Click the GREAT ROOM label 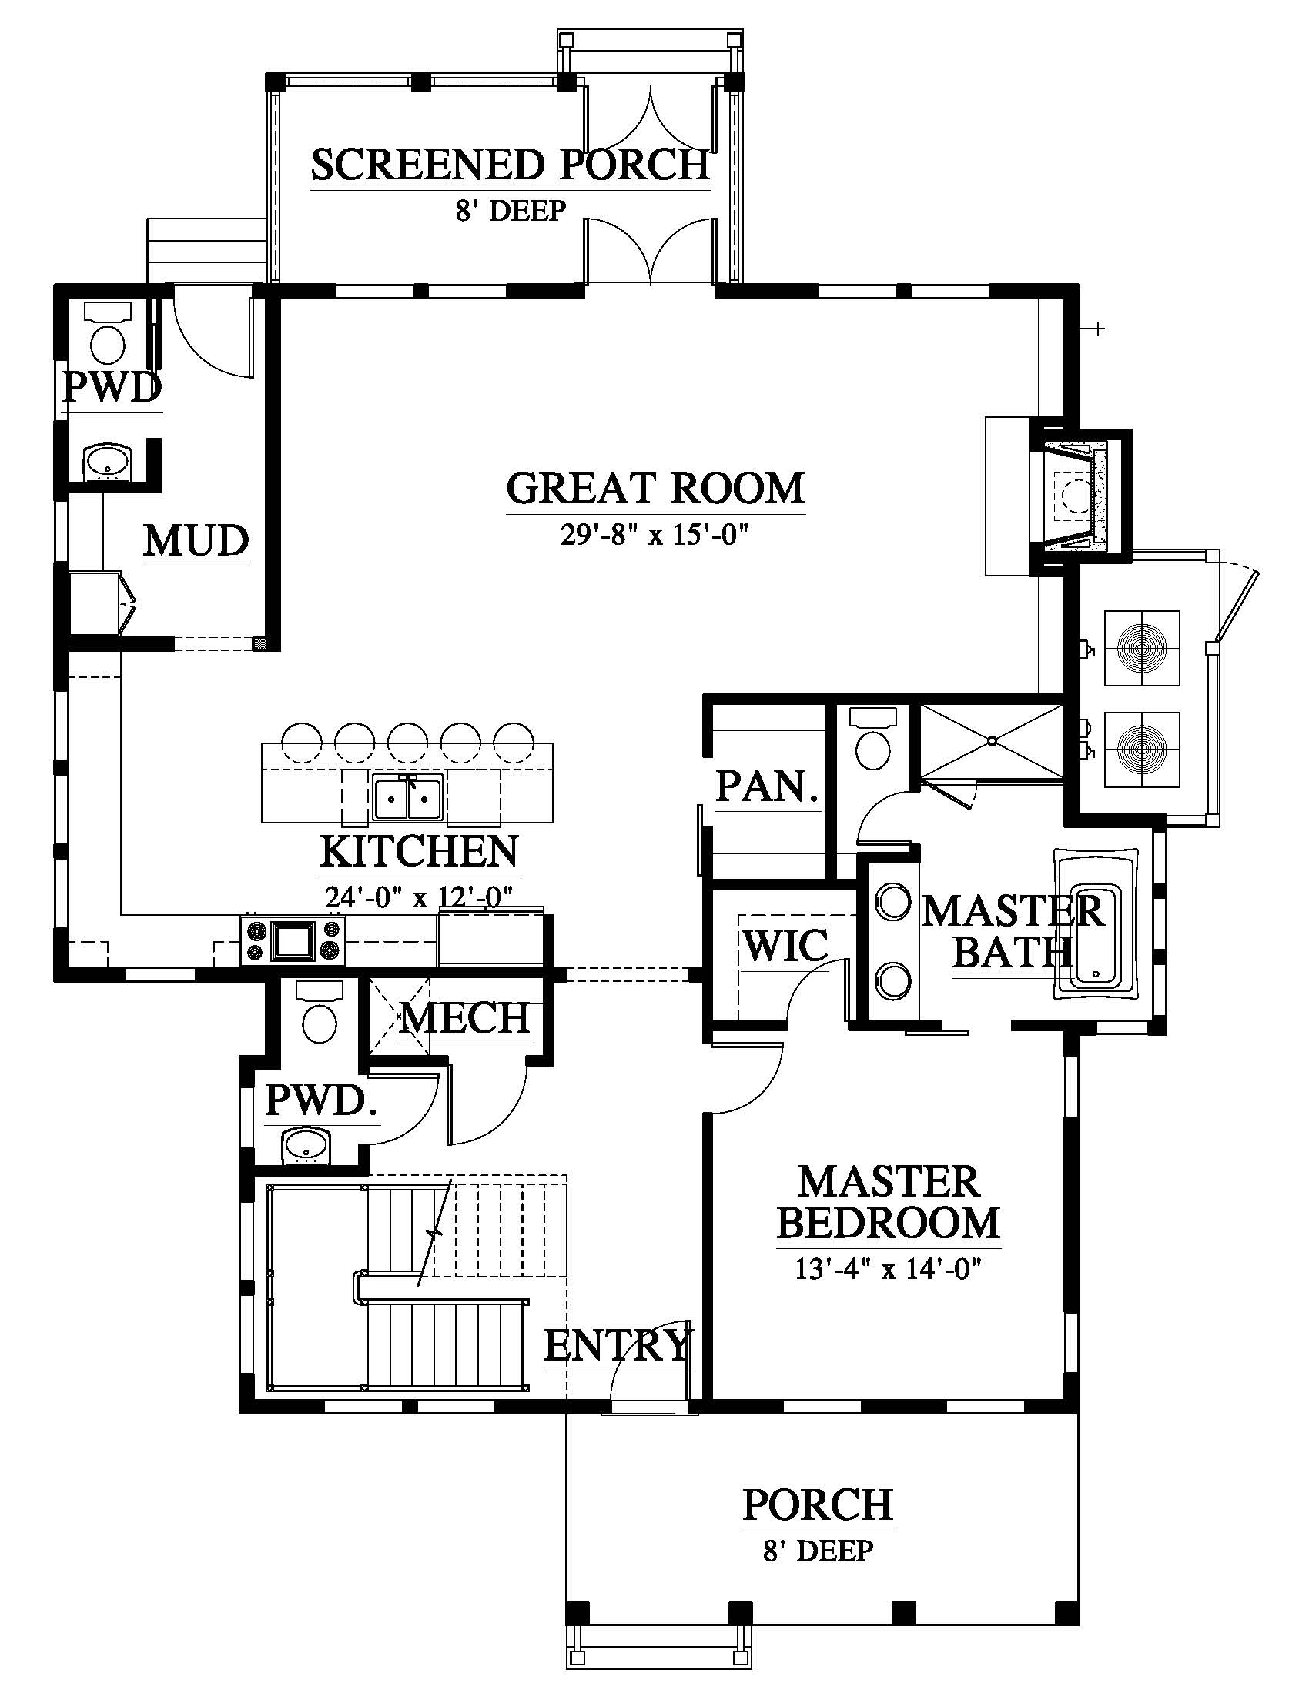[655, 489]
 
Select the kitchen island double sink [407, 798]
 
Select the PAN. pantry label [767, 786]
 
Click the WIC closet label [785, 945]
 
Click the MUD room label [196, 540]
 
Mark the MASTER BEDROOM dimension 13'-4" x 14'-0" [889, 1269]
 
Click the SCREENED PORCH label [511, 165]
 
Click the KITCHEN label [420, 851]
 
